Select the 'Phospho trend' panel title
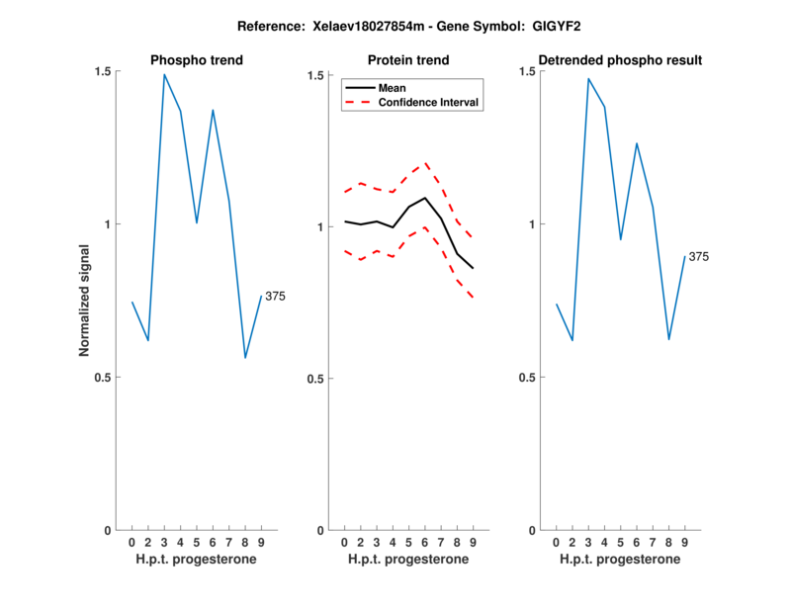click(197, 60)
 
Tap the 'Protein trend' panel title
click(408, 60)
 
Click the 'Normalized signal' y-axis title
click(85, 301)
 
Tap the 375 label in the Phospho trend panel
click(275, 297)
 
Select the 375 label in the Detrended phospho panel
click(698, 257)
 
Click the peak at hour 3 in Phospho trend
click(164, 74)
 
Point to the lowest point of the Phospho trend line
click(245, 358)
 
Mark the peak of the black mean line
click(425, 198)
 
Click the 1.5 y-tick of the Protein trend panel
click(316, 75)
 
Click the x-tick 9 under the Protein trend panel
click(473, 543)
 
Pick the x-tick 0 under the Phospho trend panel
click(132, 543)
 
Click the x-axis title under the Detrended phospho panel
click(620, 560)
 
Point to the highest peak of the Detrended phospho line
click(588, 79)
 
